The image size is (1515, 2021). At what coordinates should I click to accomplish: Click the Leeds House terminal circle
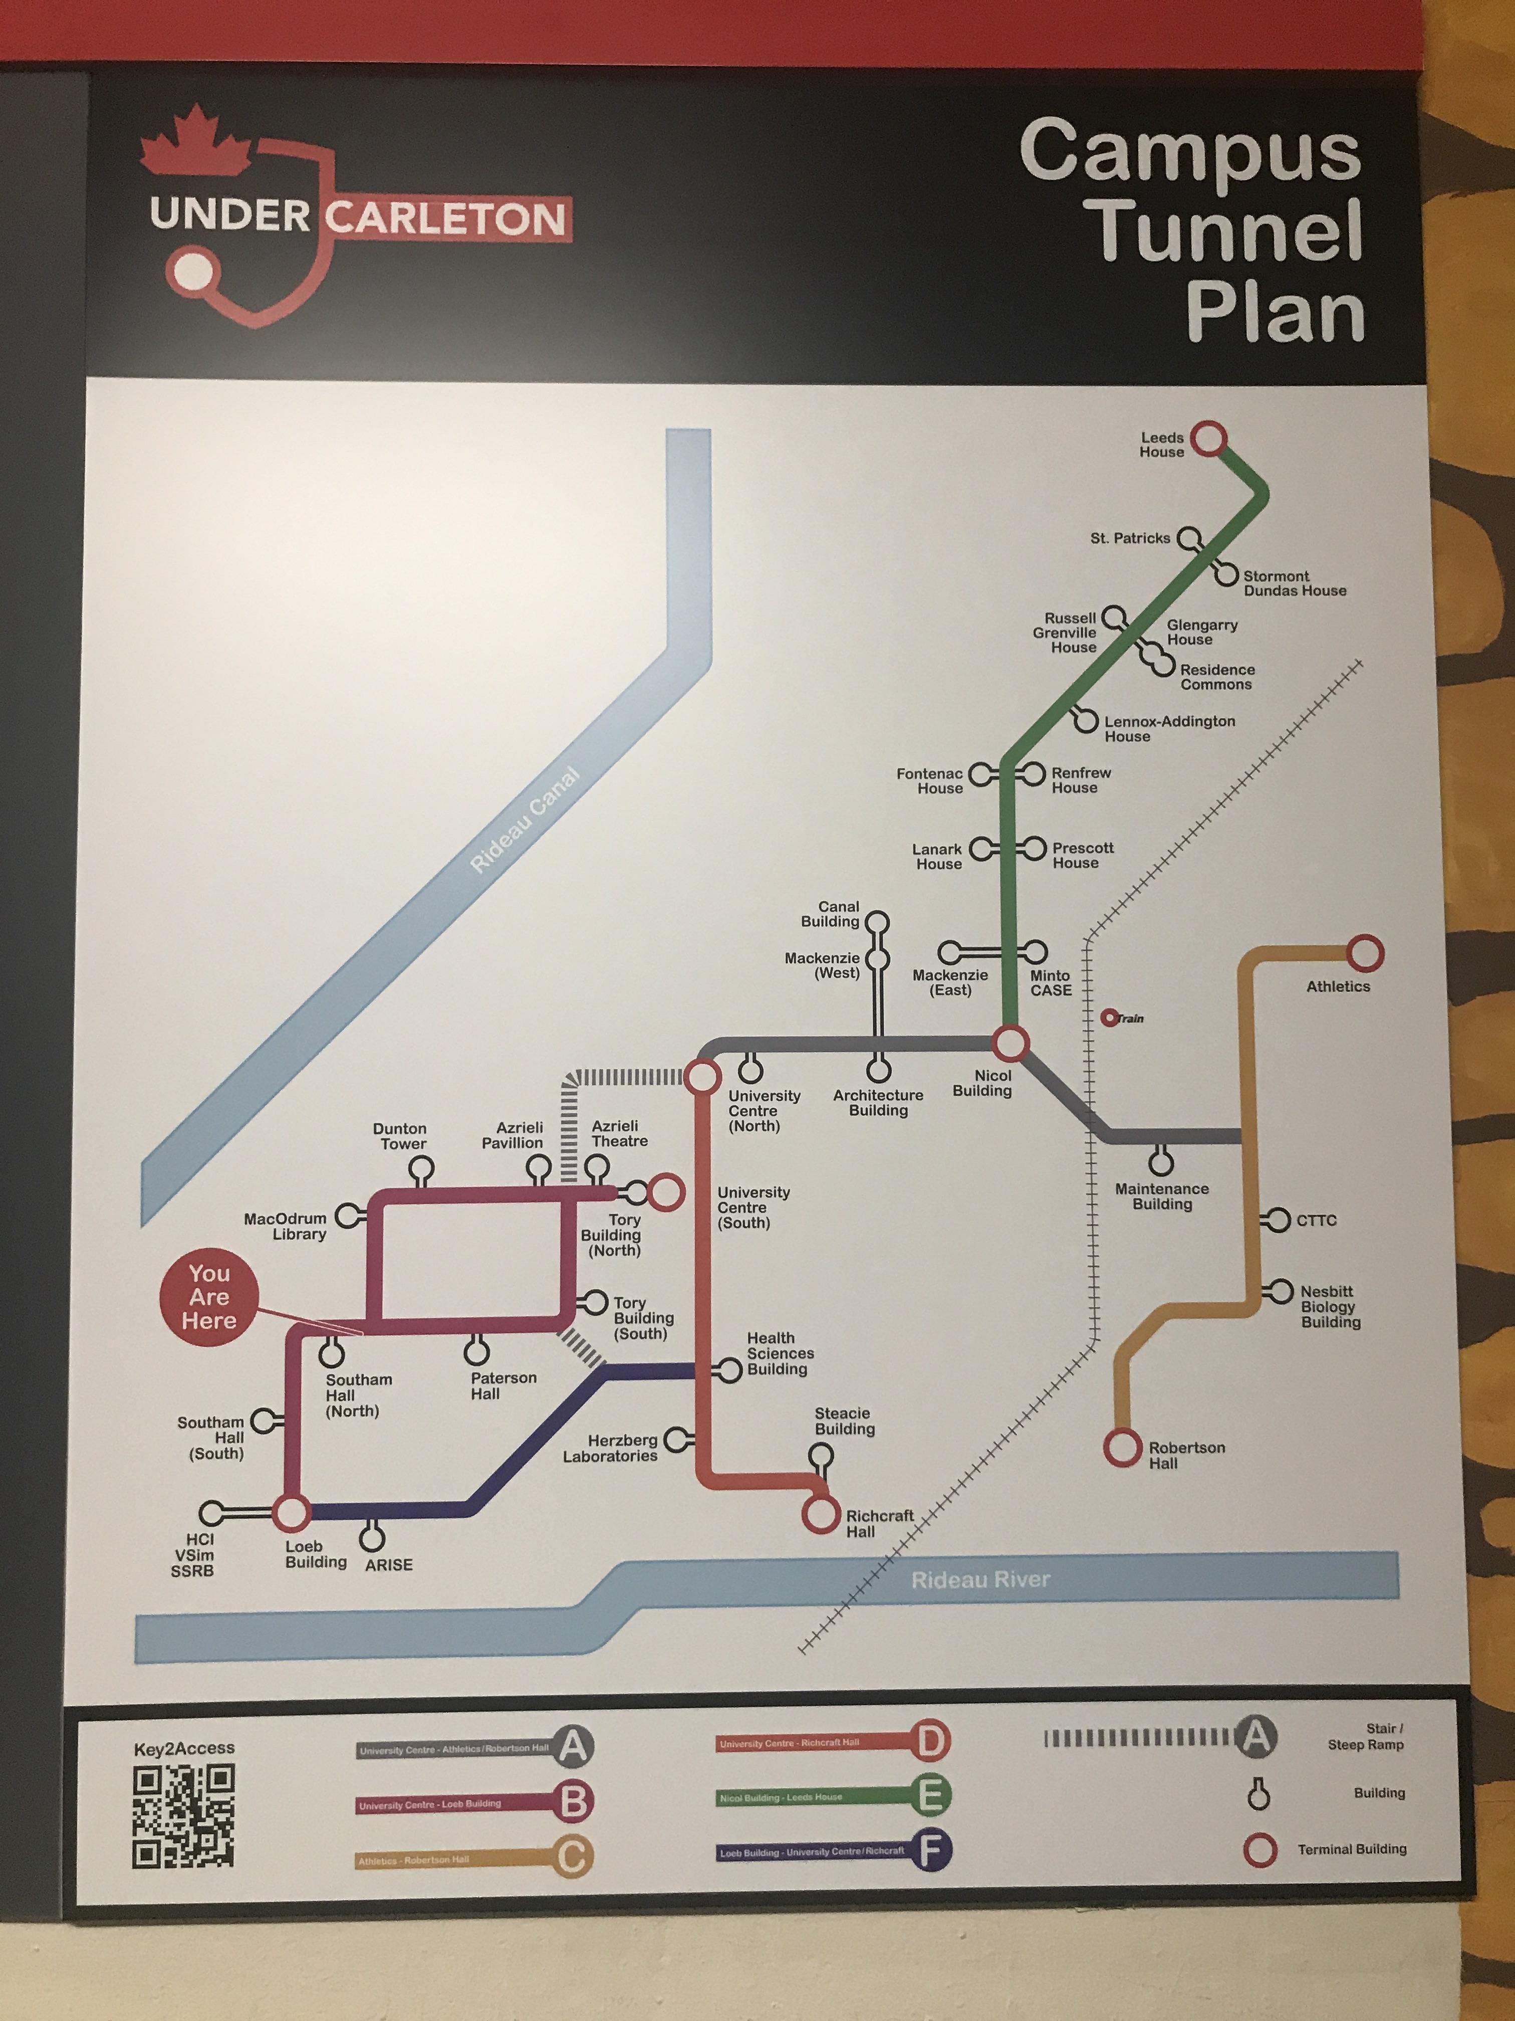point(1210,439)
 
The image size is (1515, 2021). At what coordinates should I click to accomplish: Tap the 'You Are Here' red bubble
point(209,1297)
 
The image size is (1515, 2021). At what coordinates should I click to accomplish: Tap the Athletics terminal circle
point(1364,954)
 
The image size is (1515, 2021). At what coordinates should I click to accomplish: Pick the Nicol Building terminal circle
point(1011,1043)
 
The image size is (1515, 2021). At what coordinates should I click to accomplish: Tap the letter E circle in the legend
point(930,1795)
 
